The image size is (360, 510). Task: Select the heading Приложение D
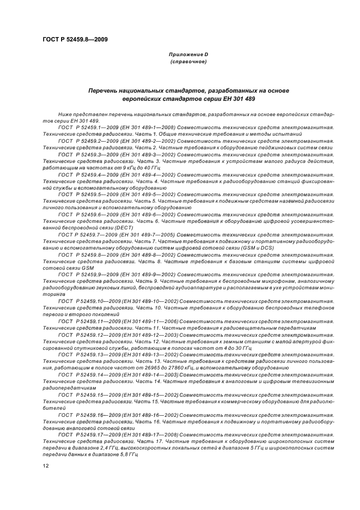pyautogui.click(x=188, y=55)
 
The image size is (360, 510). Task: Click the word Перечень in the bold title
pyautogui.click(x=104, y=90)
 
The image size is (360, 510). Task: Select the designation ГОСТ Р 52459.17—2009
pyautogui.click(x=84, y=434)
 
